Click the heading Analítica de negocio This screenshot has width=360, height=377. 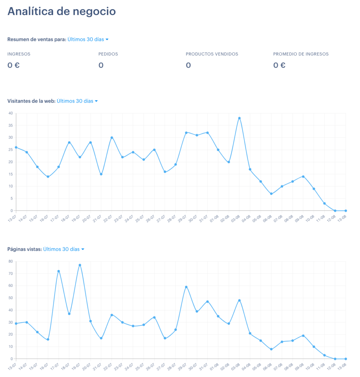point(61,11)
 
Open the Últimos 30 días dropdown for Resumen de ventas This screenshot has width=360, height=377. point(88,39)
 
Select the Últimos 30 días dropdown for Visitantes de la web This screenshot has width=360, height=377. point(77,101)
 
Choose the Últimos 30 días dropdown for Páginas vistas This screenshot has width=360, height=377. point(64,249)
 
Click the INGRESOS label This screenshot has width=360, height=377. point(19,54)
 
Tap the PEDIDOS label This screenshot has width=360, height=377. point(108,54)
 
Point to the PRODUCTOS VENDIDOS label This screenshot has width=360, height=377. point(212,54)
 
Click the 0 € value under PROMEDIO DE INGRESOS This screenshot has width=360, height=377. point(279,65)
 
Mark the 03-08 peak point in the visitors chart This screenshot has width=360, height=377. point(239,118)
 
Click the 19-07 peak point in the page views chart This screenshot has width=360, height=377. point(80,265)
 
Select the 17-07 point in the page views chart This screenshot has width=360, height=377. point(59,271)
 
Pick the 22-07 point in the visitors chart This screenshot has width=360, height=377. point(112,138)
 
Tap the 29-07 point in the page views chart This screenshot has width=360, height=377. point(186,287)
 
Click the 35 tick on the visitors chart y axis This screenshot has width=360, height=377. point(11,126)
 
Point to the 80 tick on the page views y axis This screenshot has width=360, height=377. point(11,261)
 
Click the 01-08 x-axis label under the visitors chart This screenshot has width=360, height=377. point(214,219)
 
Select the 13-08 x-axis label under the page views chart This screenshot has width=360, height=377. point(342,367)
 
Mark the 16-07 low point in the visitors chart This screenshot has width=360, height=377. point(48,177)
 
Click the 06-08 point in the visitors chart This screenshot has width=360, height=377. point(271,194)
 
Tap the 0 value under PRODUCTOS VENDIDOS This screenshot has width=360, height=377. point(188,65)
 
